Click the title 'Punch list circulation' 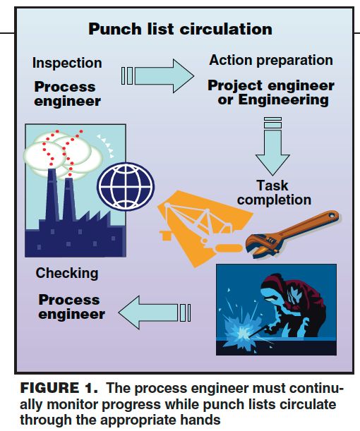pyautogui.click(x=180, y=29)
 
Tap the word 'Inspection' pyautogui.click(x=67, y=63)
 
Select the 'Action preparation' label pyautogui.click(x=271, y=60)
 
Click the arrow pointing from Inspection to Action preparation pyautogui.click(x=157, y=76)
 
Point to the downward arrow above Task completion pyautogui.click(x=272, y=146)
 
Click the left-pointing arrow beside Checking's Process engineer pyautogui.click(x=155, y=312)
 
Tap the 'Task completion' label pyautogui.click(x=274, y=193)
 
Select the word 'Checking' pyautogui.click(x=67, y=273)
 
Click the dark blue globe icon pyautogui.click(x=126, y=186)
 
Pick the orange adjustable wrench pyautogui.click(x=293, y=233)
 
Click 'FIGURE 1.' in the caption pyautogui.click(x=59, y=388)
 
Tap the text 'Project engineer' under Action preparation pyautogui.click(x=271, y=85)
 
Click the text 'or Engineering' pyautogui.click(x=273, y=99)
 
